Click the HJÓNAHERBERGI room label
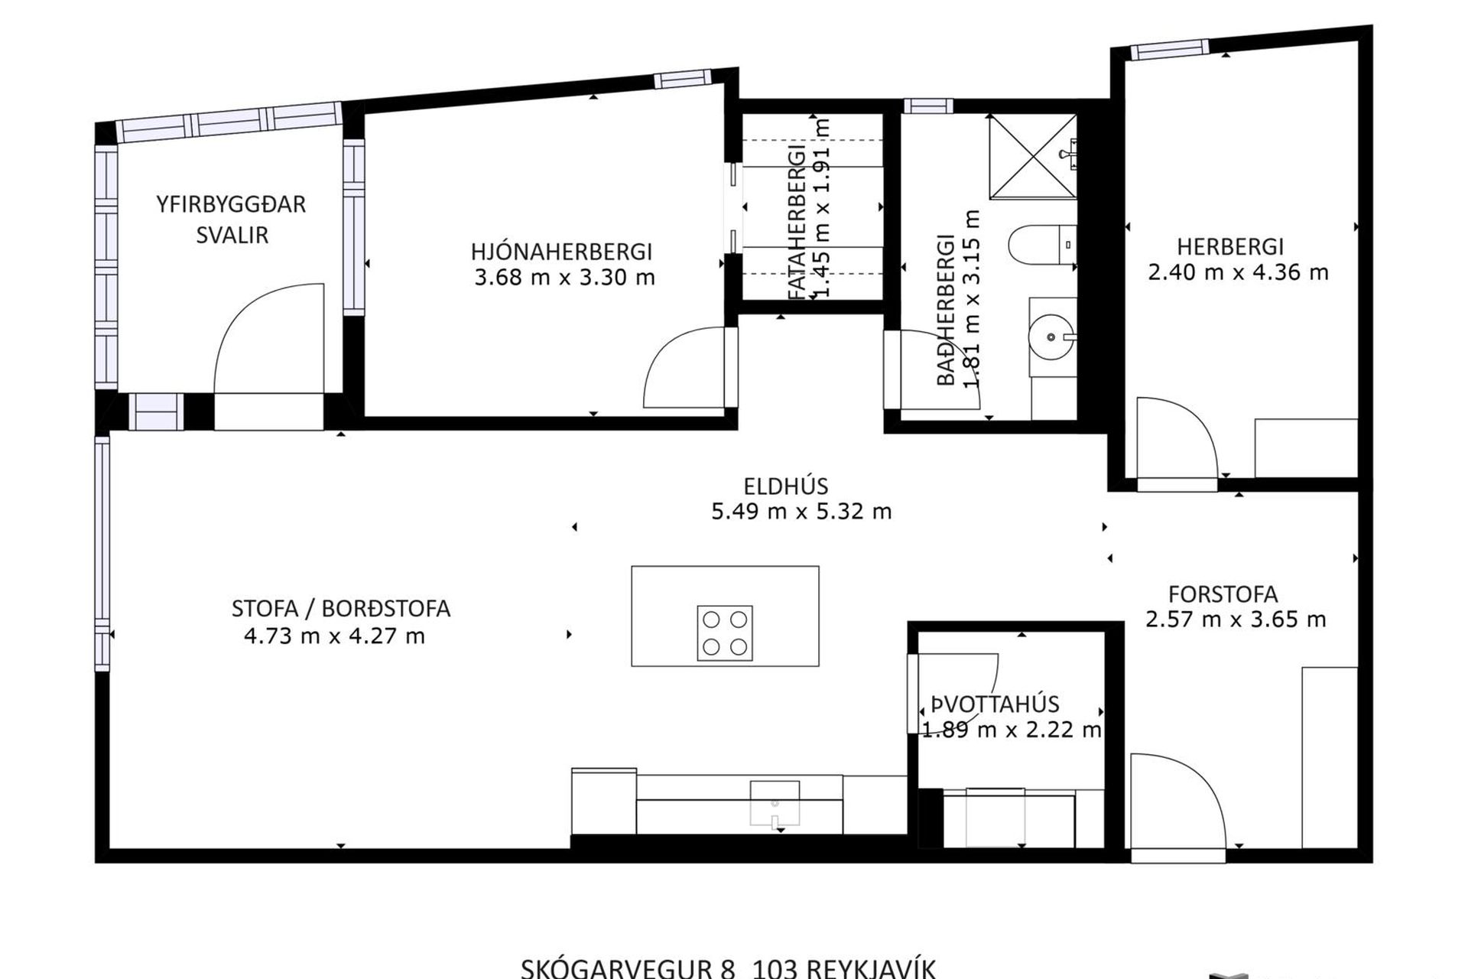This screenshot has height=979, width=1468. (561, 251)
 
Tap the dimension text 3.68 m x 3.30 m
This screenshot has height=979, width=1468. (564, 277)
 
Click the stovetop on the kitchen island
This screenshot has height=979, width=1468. (725, 633)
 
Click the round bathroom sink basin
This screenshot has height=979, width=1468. (1051, 337)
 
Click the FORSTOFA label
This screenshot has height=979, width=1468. (1223, 594)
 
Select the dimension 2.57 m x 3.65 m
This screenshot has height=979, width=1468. (1236, 619)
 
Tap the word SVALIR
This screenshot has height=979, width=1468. (232, 235)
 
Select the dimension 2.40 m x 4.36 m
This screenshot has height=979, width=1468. (1238, 272)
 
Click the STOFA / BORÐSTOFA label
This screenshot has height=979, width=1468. (341, 609)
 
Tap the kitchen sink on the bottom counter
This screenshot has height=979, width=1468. (775, 803)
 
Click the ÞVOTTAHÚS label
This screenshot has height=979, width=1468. (995, 704)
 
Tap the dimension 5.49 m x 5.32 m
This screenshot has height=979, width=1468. (801, 511)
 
